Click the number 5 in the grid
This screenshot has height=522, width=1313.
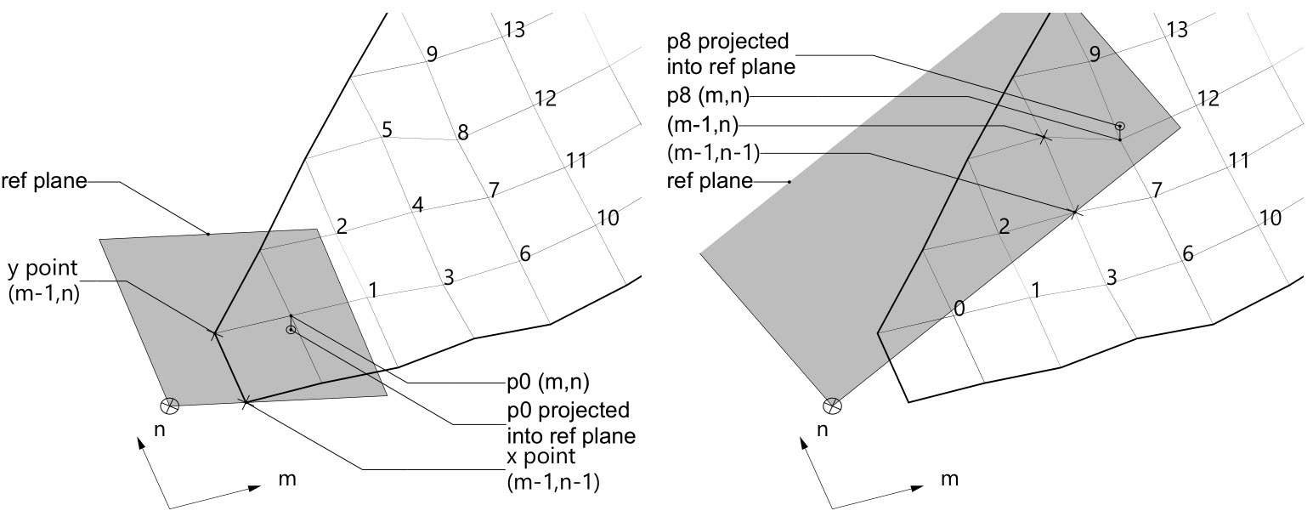click(387, 131)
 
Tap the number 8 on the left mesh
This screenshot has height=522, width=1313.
click(462, 133)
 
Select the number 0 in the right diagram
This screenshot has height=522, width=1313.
click(959, 309)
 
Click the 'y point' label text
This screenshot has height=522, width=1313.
click(42, 269)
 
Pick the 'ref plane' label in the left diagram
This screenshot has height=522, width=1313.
click(44, 181)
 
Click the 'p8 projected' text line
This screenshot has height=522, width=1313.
click(728, 41)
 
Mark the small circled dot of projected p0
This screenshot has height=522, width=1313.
click(291, 330)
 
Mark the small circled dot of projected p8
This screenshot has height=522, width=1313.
click(1120, 126)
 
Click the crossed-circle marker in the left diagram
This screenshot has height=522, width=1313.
click(171, 406)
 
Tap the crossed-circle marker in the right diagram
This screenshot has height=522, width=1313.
click(834, 406)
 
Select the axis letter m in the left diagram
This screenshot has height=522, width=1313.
click(286, 479)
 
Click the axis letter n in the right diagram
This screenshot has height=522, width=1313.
click(822, 431)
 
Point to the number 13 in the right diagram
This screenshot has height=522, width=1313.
click(1176, 30)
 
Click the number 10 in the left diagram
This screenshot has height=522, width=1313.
click(607, 218)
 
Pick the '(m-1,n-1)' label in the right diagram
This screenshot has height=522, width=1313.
click(713, 153)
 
